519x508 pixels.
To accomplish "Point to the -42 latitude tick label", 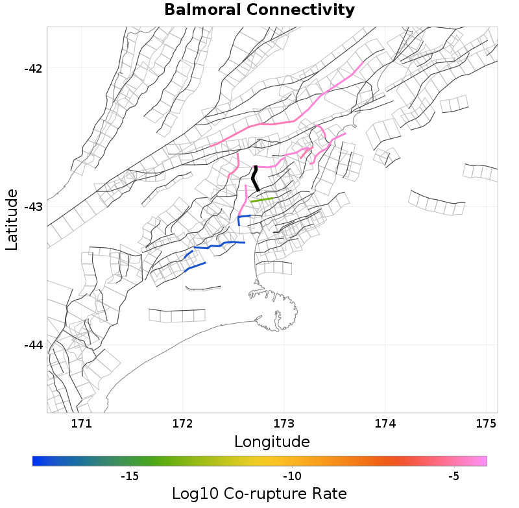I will point(29,69).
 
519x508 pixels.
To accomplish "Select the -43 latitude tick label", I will point(29,207).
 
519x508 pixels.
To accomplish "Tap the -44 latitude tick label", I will point(29,345).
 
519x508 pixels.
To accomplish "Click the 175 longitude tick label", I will point(486,425).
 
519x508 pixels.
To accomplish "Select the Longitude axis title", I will point(271,442).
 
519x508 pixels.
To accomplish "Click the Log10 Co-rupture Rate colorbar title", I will point(259,493).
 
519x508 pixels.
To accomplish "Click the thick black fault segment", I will point(256,178).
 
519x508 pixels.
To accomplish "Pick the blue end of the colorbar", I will point(37,461).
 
